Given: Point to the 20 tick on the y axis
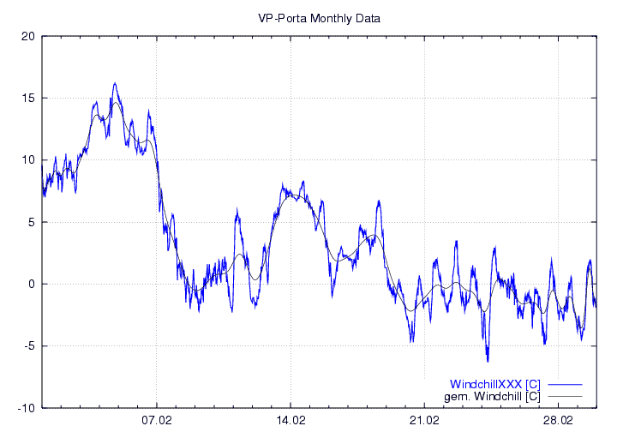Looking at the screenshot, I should [x=28, y=36].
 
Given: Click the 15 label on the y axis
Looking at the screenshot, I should [x=28, y=98].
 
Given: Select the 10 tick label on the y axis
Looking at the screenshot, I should [x=28, y=160].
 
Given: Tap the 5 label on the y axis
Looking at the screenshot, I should [x=31, y=222].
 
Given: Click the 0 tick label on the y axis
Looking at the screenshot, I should [x=31, y=285].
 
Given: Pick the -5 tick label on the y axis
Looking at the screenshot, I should [x=29, y=346].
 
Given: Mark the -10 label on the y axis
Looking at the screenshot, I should [x=27, y=408].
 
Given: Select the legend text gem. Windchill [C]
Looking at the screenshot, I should [x=492, y=397].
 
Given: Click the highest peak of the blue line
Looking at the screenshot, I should [x=115, y=83].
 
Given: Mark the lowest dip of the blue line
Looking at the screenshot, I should [x=488, y=361].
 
